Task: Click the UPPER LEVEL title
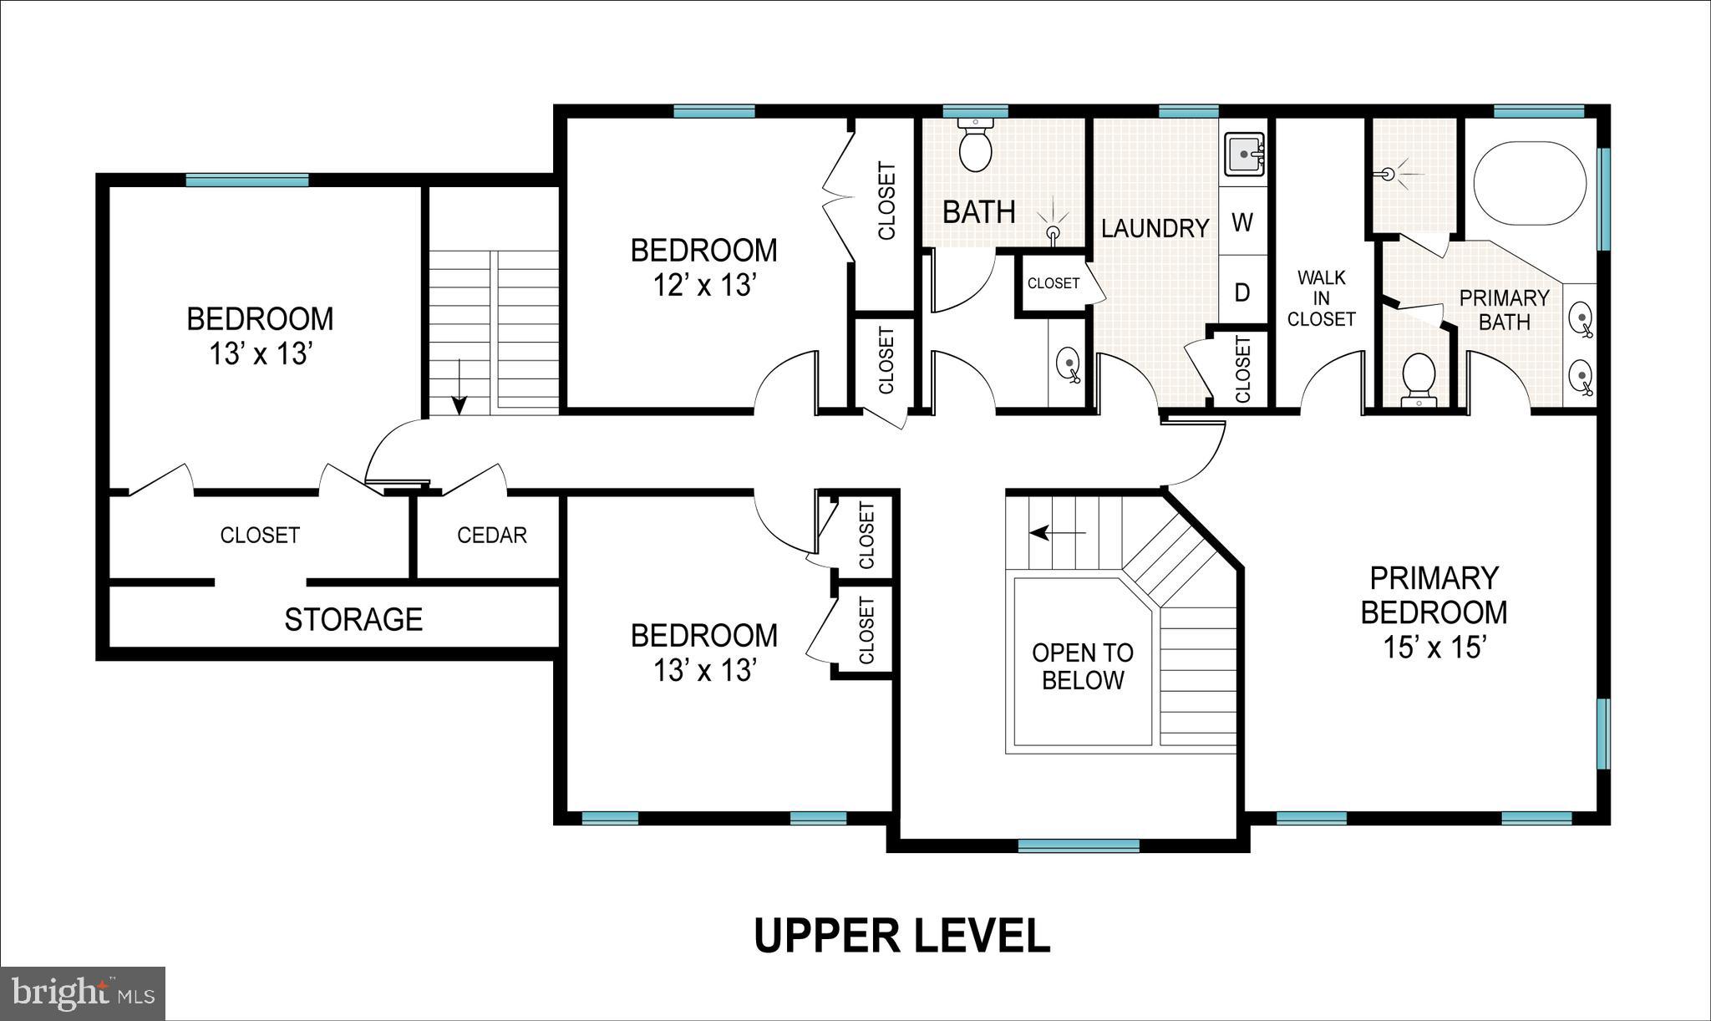[x=901, y=936]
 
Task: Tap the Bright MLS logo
[x=83, y=993]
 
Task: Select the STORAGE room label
[x=353, y=619]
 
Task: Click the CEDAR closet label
[x=491, y=535]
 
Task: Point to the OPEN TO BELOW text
[x=1082, y=666]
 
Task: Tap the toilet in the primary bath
[x=1418, y=380]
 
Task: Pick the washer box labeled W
[x=1242, y=223]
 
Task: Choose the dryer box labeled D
[x=1242, y=292]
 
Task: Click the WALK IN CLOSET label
[x=1321, y=298]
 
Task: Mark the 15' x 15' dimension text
[x=1433, y=647]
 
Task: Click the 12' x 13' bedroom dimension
[x=703, y=285]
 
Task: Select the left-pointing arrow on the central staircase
[x=1057, y=532]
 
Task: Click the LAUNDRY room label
[x=1155, y=227]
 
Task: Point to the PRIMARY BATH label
[x=1504, y=309]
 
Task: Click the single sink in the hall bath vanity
[x=1068, y=364]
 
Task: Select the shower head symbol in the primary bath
[x=1389, y=174]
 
